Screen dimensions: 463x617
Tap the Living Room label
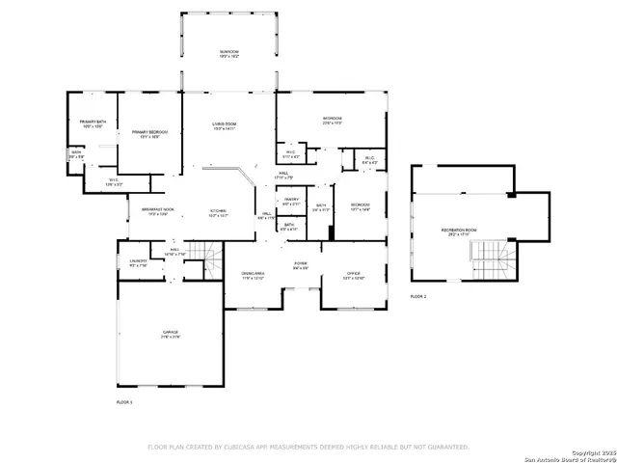[225, 125]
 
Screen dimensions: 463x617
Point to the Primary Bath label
[93, 123]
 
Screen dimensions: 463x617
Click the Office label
[353, 276]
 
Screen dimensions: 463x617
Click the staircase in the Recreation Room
[488, 257]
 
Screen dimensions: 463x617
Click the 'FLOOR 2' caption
[417, 296]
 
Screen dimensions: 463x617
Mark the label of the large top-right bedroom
[333, 121]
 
